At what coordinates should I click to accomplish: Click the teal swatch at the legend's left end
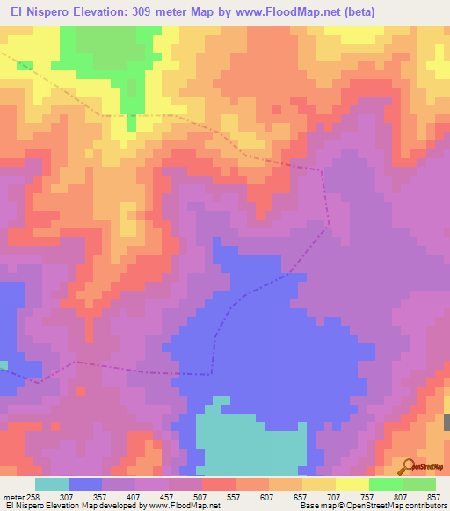[x=52, y=484]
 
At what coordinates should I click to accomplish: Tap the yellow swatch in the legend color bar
[x=352, y=484]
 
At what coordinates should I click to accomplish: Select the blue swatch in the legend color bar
[x=85, y=484]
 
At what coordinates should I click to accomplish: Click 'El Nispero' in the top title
[x=40, y=12]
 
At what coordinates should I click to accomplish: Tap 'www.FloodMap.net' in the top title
[x=288, y=12]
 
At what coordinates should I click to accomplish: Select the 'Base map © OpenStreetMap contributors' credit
[x=372, y=507]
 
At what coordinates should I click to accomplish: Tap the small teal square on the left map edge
[x=4, y=364]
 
